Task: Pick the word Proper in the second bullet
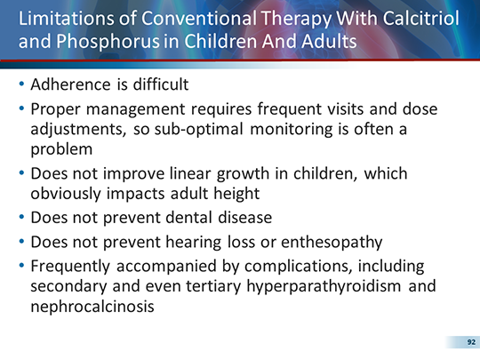click(x=54, y=110)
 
